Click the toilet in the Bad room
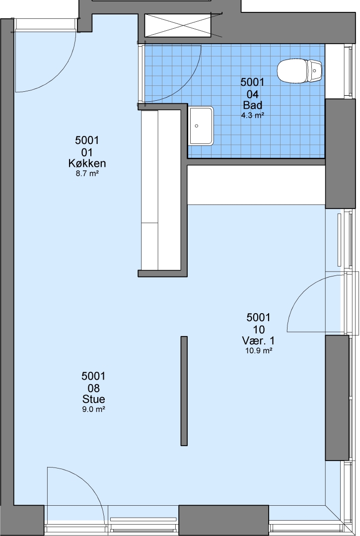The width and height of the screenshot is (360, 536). click(x=299, y=71)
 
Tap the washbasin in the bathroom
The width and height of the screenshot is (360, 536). click(x=202, y=126)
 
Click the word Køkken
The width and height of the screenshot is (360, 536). click(x=87, y=163)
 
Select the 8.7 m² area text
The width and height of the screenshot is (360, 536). click(x=87, y=173)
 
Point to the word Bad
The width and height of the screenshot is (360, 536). click(x=252, y=105)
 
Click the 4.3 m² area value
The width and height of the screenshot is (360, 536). click(x=252, y=115)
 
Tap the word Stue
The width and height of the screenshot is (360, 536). click(x=93, y=399)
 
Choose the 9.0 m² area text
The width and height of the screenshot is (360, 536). click(x=93, y=409)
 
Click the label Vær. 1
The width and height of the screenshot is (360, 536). click(x=259, y=340)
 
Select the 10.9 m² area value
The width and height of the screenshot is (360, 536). click(x=259, y=350)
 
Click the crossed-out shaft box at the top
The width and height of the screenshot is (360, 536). click(x=177, y=25)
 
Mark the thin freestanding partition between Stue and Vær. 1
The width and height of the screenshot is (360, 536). click(x=184, y=391)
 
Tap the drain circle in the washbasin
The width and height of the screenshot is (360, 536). click(x=197, y=126)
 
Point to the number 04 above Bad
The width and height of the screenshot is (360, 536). click(x=252, y=94)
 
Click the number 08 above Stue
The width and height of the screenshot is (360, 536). click(x=93, y=388)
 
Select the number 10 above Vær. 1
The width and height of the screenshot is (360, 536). click(x=259, y=330)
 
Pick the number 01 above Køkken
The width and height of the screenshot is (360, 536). click(x=87, y=152)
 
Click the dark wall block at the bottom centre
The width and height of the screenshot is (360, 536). click(x=223, y=520)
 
